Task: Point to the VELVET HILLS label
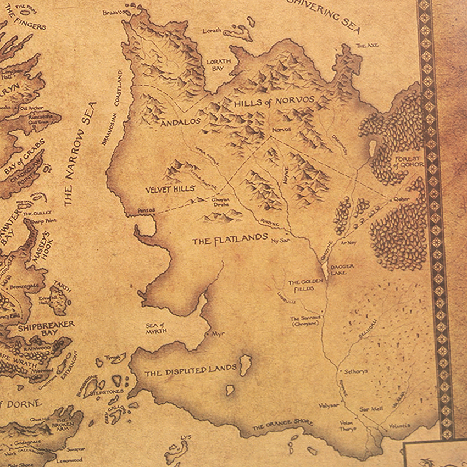click(170, 189)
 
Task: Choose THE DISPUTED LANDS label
click(190, 371)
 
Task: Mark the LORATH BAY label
click(219, 65)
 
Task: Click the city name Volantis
click(399, 425)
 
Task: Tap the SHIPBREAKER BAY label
click(45, 329)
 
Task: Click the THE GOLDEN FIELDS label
click(301, 285)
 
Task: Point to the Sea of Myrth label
click(155, 328)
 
